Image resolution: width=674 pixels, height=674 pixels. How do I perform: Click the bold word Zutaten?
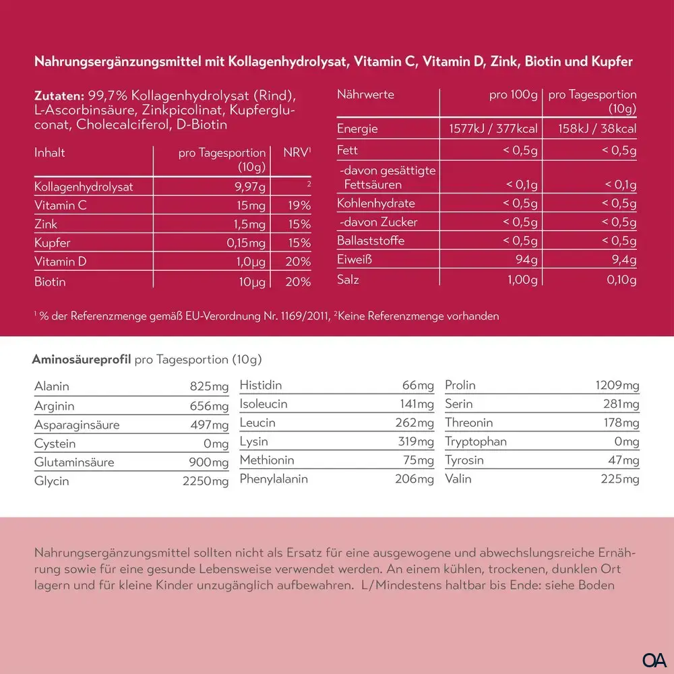[x=59, y=96]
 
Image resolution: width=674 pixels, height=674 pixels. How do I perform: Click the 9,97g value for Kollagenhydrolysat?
[x=250, y=187]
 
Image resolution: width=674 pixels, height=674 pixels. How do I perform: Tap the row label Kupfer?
[x=52, y=243]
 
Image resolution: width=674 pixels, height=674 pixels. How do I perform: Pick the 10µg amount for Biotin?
[x=252, y=282]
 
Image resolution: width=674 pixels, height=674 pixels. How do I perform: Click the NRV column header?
[x=297, y=152]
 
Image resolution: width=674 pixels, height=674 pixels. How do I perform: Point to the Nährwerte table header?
[x=365, y=94]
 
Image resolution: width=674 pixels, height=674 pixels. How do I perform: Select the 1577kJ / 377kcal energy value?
[x=493, y=129]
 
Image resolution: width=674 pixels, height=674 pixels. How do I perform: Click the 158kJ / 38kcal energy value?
[x=597, y=129]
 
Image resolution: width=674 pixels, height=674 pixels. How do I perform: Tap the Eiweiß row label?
[x=355, y=259]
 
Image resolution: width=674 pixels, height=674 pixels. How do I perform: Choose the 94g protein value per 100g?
[x=526, y=259]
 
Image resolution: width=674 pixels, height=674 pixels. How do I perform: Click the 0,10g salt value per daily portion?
[x=621, y=280]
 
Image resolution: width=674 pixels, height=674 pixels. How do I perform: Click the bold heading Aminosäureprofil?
[x=82, y=359]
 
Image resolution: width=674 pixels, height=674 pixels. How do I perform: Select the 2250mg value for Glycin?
[x=206, y=481]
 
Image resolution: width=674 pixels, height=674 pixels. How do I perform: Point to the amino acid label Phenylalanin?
[x=274, y=479]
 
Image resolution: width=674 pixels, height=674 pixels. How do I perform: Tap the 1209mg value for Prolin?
[x=617, y=385]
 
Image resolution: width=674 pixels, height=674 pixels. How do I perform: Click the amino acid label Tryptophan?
[x=476, y=441]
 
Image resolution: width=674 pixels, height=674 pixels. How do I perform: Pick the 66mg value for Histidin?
[x=418, y=385]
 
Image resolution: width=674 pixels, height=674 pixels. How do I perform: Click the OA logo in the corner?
[x=654, y=660]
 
